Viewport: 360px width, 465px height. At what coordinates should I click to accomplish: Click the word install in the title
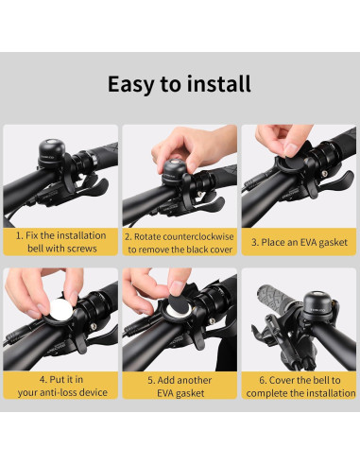pos(217,83)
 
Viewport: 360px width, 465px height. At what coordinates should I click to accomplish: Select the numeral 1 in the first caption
pos(18,234)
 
